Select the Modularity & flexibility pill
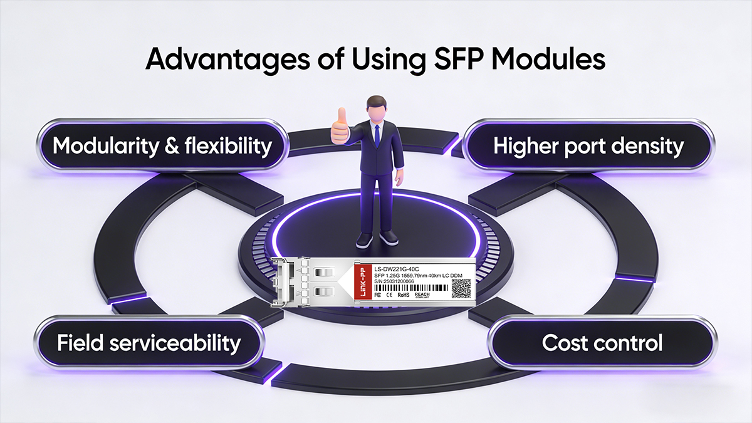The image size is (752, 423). tap(162, 145)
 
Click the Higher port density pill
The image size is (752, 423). tap(588, 145)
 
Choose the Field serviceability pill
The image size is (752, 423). tap(149, 343)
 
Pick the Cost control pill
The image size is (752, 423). tap(602, 343)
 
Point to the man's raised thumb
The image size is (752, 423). tap(341, 116)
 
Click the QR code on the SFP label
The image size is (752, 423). tap(461, 288)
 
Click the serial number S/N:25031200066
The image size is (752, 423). tap(399, 281)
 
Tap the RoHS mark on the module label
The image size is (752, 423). tap(403, 294)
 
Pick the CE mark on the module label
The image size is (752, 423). tap(389, 294)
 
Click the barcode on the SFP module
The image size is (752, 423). tap(410, 287)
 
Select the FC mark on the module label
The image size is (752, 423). tap(377, 294)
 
